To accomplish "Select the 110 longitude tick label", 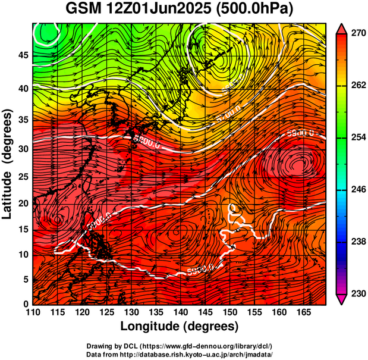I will [x=33, y=312].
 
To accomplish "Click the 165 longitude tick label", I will [x=302, y=312].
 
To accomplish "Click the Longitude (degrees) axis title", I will [x=180, y=326].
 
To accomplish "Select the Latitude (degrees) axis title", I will [x=8, y=164].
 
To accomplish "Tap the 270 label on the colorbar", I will [x=355, y=33].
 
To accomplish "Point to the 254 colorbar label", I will [x=355, y=137].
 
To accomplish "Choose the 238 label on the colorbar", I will [x=355, y=242].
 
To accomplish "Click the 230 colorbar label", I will [x=355, y=293].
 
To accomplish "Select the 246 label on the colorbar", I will [x=355, y=189].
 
